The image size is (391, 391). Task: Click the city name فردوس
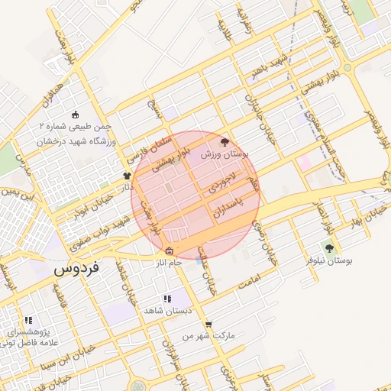[75, 271]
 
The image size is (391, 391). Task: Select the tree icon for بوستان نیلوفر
[329, 247]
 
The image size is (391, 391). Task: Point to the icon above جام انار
[169, 251]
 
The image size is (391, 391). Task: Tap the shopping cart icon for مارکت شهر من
[208, 324]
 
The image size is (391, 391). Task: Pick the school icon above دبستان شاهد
[167, 299]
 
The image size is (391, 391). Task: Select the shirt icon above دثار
[127, 175]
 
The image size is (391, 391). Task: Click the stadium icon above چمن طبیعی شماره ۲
[75, 115]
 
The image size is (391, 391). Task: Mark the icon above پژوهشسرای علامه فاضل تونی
[28, 321]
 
